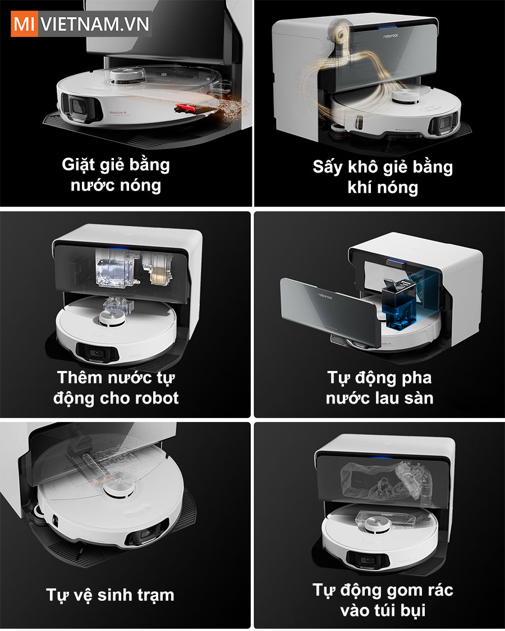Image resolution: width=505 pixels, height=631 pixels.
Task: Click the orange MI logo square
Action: [x=24, y=24]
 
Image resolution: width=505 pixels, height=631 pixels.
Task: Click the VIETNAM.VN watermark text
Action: [x=95, y=24]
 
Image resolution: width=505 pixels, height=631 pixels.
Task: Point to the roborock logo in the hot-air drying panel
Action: [x=391, y=36]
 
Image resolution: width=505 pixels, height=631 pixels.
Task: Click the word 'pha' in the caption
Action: [x=416, y=378]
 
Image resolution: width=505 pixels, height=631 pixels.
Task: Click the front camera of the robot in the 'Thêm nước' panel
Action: [x=97, y=354]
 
